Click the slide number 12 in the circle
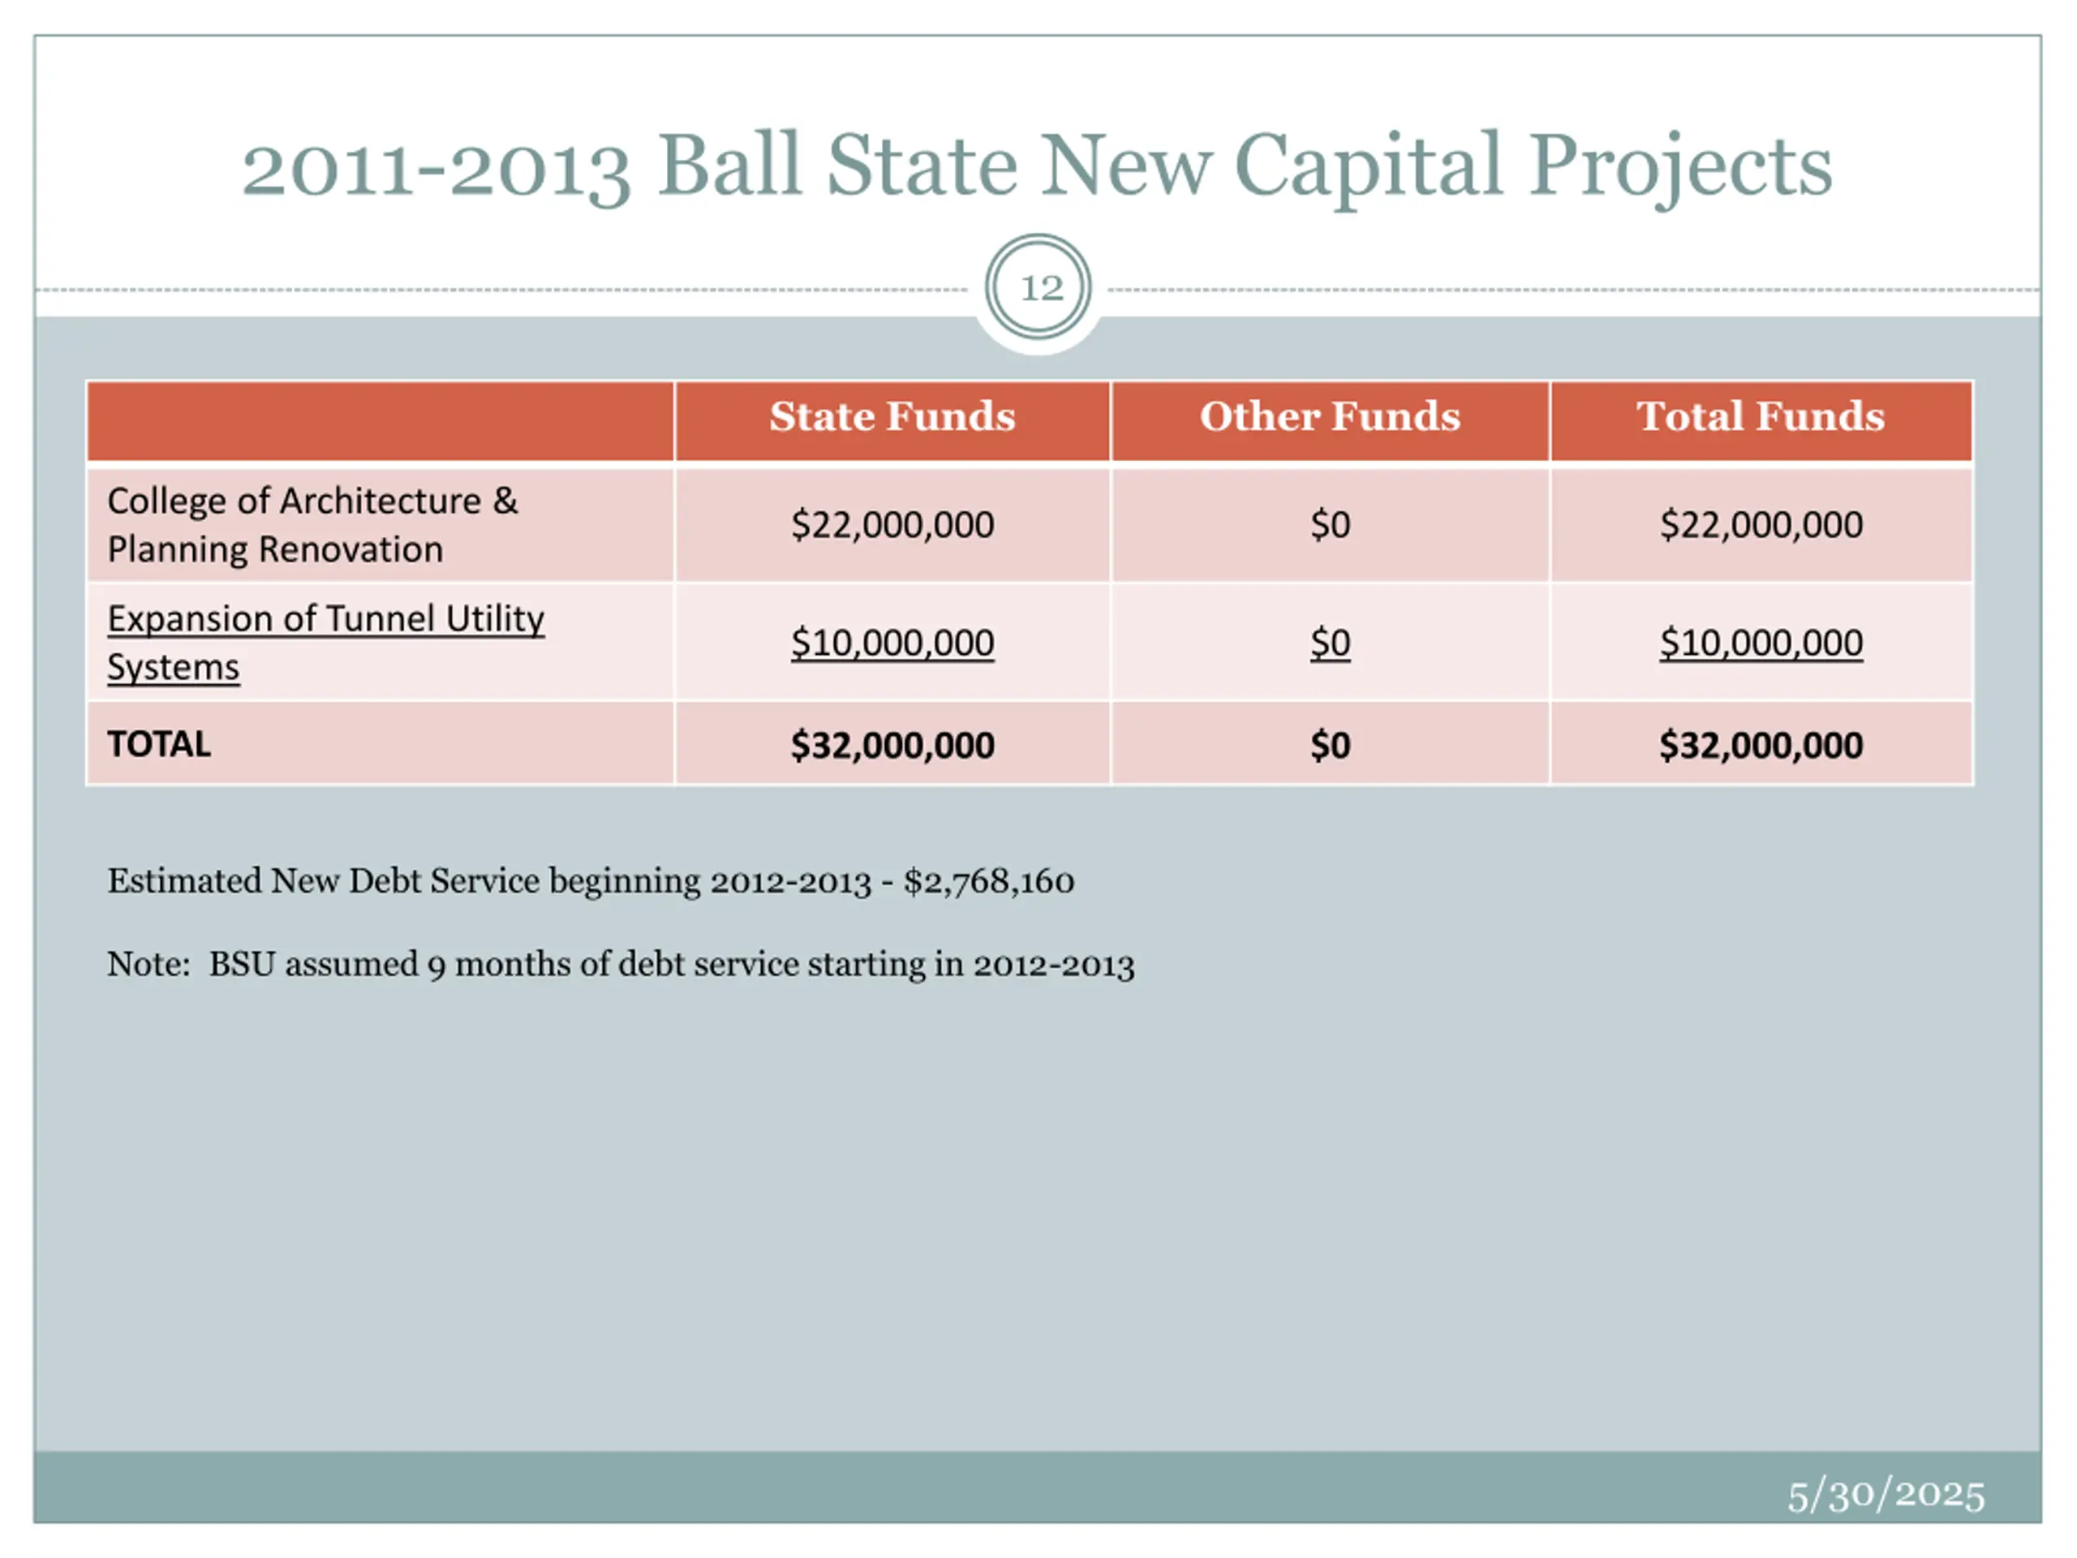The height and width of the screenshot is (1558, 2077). click(1040, 287)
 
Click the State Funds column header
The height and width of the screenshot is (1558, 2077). click(892, 416)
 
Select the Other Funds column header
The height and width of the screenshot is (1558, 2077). click(1330, 416)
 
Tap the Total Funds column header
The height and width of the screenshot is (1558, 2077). click(1761, 416)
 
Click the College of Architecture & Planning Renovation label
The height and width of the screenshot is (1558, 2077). click(312, 525)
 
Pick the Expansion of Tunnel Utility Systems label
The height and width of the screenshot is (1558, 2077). click(325, 643)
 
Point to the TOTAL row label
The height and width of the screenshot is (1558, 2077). click(159, 745)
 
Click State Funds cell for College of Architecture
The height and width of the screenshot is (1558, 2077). click(892, 525)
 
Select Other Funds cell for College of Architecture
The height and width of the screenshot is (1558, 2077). click(1330, 525)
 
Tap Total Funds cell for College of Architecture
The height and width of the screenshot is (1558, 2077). click(1761, 525)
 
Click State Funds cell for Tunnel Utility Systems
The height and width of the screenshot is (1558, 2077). click(892, 643)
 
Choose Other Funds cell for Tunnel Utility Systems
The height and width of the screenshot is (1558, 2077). click(1330, 643)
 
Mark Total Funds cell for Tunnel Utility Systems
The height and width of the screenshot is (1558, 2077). click(1761, 643)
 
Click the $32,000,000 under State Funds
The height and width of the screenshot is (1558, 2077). click(892, 746)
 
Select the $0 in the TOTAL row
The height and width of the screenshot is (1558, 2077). click(1330, 746)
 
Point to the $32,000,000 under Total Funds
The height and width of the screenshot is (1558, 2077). click(1761, 746)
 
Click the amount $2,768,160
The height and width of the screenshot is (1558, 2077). click(989, 882)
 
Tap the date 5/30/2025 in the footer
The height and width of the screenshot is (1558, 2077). click(1886, 1494)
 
